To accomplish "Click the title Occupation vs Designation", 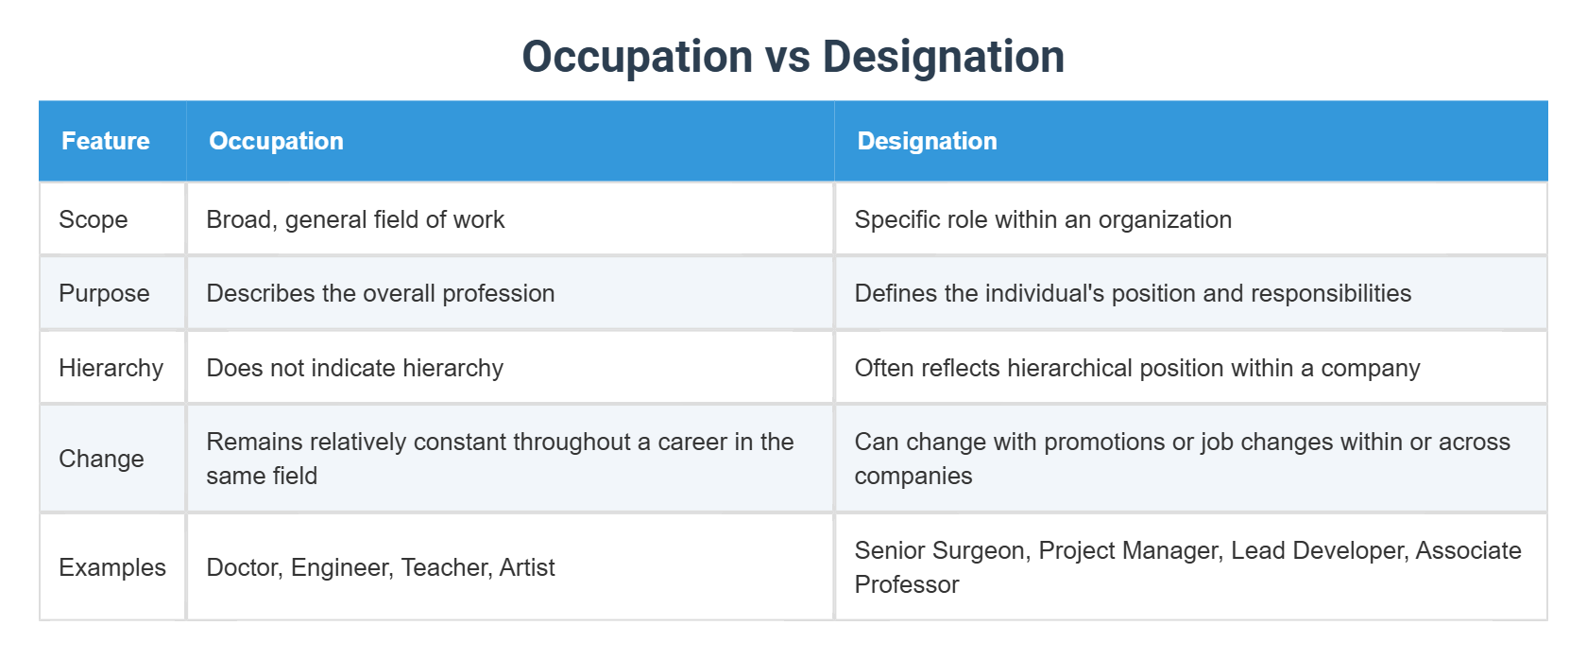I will tap(793, 57).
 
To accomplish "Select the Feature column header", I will tap(105, 141).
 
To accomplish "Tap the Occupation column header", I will tap(276, 141).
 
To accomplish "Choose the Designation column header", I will tap(927, 141).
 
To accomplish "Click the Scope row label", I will tap(93, 219).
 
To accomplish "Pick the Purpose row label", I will tap(104, 293).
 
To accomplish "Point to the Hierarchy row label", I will tap(111, 368).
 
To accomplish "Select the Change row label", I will tap(101, 459).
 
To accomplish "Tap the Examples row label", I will tap(111, 567).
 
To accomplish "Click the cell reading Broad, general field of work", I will tap(355, 219).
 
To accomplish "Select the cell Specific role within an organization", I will tap(1043, 219).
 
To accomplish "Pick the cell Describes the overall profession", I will tap(380, 293).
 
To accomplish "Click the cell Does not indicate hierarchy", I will tap(354, 368).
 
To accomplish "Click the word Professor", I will tap(906, 584).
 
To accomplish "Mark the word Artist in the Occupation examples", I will tap(527, 567).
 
